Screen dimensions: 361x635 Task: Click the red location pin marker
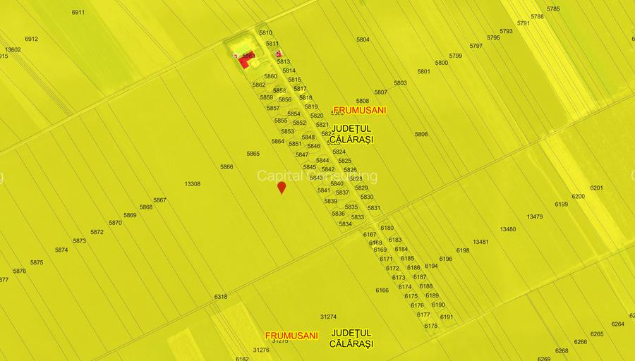282,187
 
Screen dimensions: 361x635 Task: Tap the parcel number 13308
192,184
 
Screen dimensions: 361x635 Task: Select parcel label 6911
78,13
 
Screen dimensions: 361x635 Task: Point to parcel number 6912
31,39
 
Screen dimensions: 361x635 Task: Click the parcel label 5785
553,9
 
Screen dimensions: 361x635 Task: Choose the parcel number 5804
363,39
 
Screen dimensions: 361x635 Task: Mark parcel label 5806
421,134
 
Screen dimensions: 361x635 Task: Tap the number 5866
226,167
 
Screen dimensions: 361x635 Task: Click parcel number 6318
221,297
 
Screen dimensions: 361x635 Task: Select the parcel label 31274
328,317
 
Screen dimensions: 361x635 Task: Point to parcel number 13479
535,216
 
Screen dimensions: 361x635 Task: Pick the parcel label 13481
481,242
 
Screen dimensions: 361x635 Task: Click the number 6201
597,188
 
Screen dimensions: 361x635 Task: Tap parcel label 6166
382,290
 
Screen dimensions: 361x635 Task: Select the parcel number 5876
19,271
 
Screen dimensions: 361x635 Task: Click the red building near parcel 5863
244,62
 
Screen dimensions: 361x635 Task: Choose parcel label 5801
423,71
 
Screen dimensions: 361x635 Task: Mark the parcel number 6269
544,358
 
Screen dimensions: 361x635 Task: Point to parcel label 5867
160,200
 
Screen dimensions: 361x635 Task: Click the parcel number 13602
13,49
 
